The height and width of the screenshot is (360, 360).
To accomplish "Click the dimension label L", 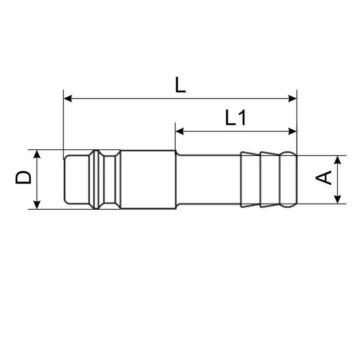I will pos(180,85).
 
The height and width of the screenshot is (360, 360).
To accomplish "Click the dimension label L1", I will pos(236,118).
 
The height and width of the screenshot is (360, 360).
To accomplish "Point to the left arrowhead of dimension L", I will pos(68,99).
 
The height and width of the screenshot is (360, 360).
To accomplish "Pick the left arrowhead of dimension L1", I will pos(180,131).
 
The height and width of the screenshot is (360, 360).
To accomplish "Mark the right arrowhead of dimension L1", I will pos(292,131).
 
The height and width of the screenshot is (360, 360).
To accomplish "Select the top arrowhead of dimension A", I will pos(338,159).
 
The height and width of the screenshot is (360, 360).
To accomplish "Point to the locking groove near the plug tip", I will pos(98,179).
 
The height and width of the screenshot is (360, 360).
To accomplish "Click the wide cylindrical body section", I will pos(147,179).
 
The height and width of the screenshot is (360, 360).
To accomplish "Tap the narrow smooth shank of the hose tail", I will pos(208,179).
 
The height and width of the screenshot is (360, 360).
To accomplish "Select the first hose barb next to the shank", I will pos(250,179).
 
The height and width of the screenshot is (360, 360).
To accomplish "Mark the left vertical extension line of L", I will pos(63,120).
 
